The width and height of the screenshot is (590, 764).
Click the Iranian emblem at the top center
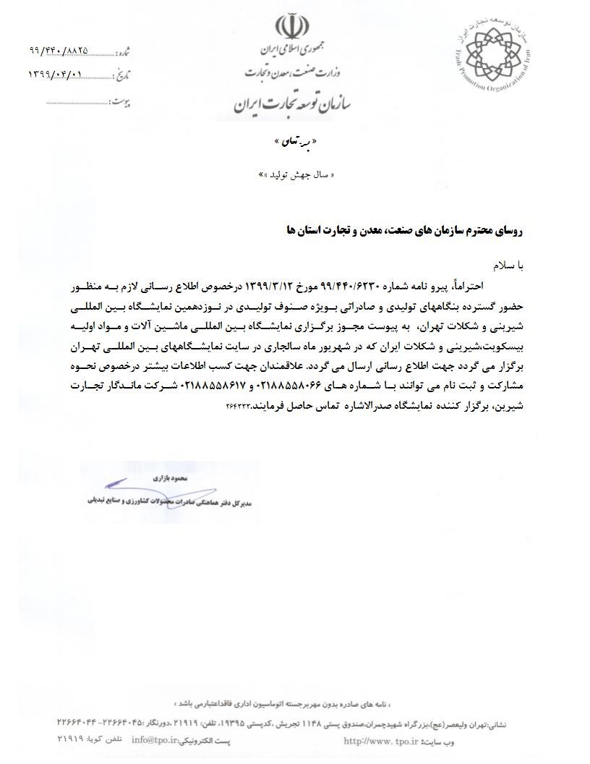pyautogui.click(x=294, y=27)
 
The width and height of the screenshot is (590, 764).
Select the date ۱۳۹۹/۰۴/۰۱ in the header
pyautogui.click(x=56, y=74)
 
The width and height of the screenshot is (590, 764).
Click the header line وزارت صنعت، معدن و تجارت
pyautogui.click(x=293, y=72)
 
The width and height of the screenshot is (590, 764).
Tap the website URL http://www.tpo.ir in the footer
pyautogui.click(x=380, y=739)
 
